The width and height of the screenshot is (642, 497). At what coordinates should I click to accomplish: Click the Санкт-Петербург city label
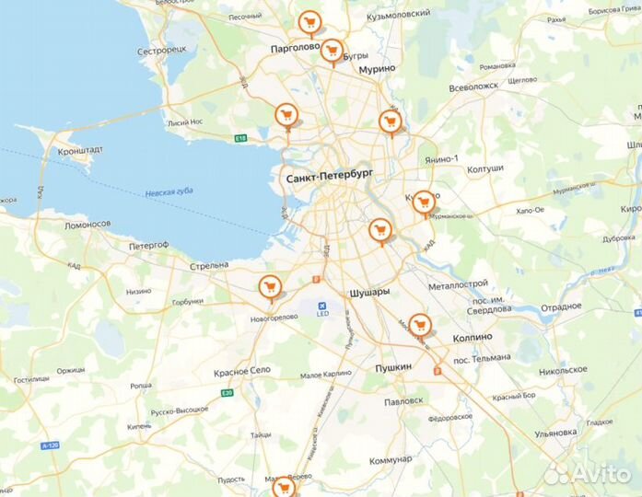point(329,177)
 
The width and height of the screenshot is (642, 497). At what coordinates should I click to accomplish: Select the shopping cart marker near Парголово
point(309,21)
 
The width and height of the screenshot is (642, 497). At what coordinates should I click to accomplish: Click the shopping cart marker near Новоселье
point(269,287)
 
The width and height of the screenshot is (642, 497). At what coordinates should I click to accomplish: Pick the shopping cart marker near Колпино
point(419,324)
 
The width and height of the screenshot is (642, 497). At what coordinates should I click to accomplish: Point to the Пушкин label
point(393,367)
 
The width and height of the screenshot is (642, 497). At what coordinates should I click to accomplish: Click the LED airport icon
point(322,306)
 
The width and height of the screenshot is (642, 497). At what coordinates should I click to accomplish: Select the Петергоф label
point(148,246)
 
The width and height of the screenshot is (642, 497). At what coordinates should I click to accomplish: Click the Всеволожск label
point(473,86)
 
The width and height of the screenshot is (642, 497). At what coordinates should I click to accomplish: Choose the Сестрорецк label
point(162,51)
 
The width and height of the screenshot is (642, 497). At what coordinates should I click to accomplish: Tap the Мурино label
point(377,69)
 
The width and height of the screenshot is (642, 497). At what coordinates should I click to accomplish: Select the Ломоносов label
point(88,224)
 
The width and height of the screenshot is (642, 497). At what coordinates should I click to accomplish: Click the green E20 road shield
point(227,393)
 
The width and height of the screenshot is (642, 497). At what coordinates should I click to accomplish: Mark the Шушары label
point(369,292)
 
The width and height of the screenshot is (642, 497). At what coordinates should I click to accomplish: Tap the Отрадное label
point(562,307)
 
